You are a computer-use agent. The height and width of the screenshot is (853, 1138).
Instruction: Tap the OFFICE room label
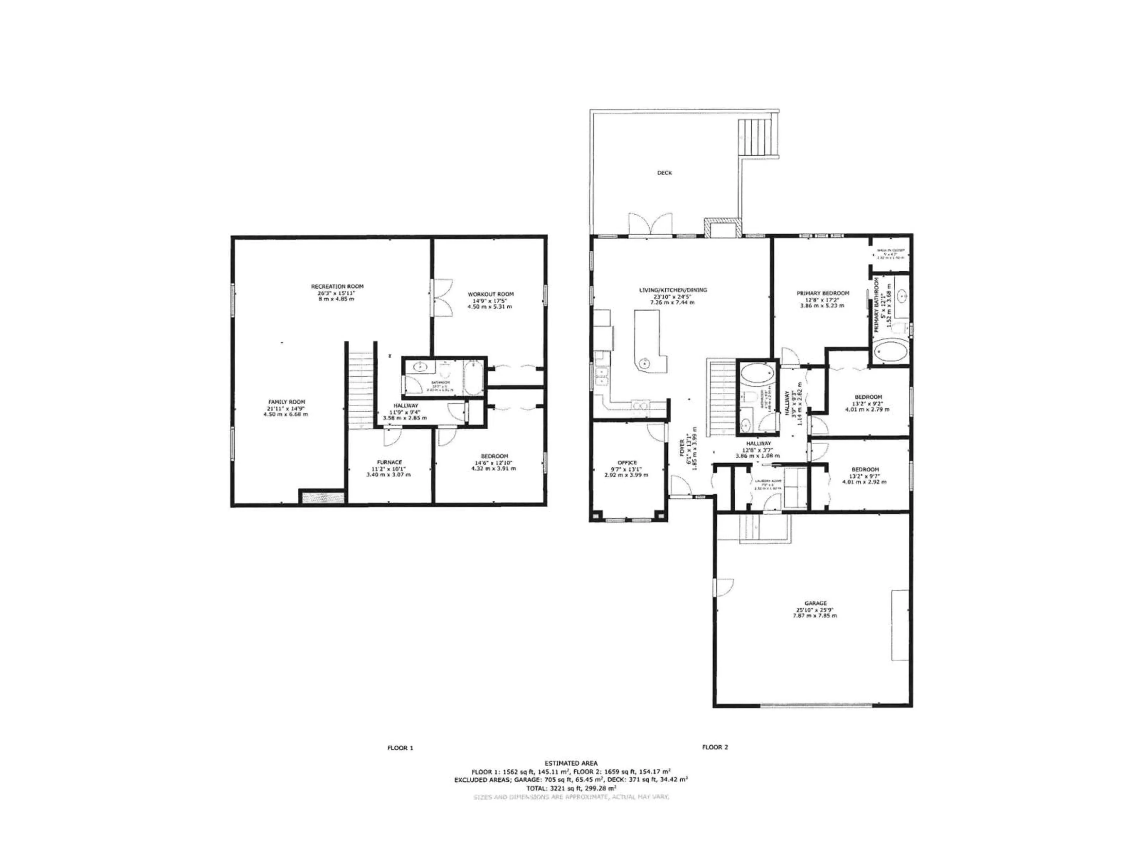click(x=626, y=463)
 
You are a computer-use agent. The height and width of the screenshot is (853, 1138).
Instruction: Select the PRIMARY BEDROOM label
click(x=823, y=294)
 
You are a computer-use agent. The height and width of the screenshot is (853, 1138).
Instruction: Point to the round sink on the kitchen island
click(x=644, y=363)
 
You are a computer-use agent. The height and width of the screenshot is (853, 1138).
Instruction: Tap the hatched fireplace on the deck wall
click(x=723, y=228)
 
